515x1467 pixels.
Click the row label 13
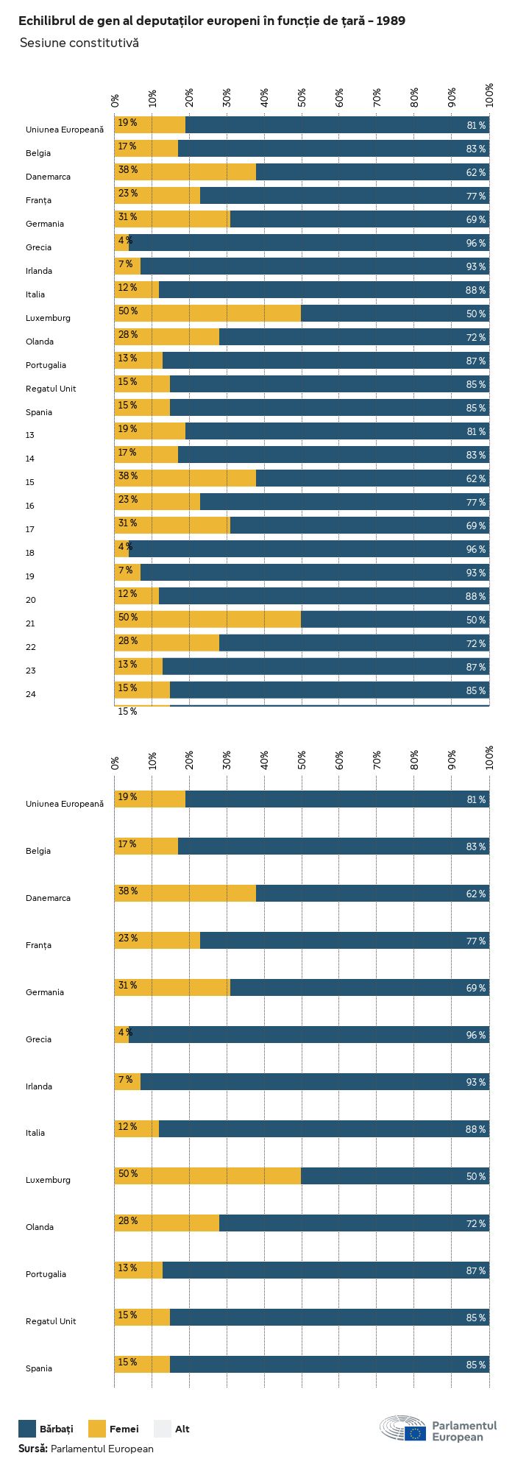pos(30,435)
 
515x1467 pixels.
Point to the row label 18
pos(30,553)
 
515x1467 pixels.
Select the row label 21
pos(30,623)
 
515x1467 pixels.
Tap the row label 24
pos(30,694)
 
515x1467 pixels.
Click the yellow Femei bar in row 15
pos(185,478)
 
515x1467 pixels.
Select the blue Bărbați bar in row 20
pos(324,596)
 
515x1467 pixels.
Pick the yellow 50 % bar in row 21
pos(207,620)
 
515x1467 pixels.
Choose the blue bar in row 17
pos(359,526)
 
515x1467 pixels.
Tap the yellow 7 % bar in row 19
pos(127,573)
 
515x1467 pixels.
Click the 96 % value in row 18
pos(475,549)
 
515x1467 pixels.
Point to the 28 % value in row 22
pos(128,640)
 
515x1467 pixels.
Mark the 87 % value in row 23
pos(475,667)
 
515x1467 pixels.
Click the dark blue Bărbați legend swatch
pos(27,1429)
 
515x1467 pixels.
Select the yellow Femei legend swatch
pos(97,1429)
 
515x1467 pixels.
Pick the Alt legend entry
pos(172,1429)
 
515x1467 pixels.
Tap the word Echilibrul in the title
pos(46,21)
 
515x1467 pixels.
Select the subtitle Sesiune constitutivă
pos(79,43)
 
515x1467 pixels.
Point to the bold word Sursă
pos(33,1449)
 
